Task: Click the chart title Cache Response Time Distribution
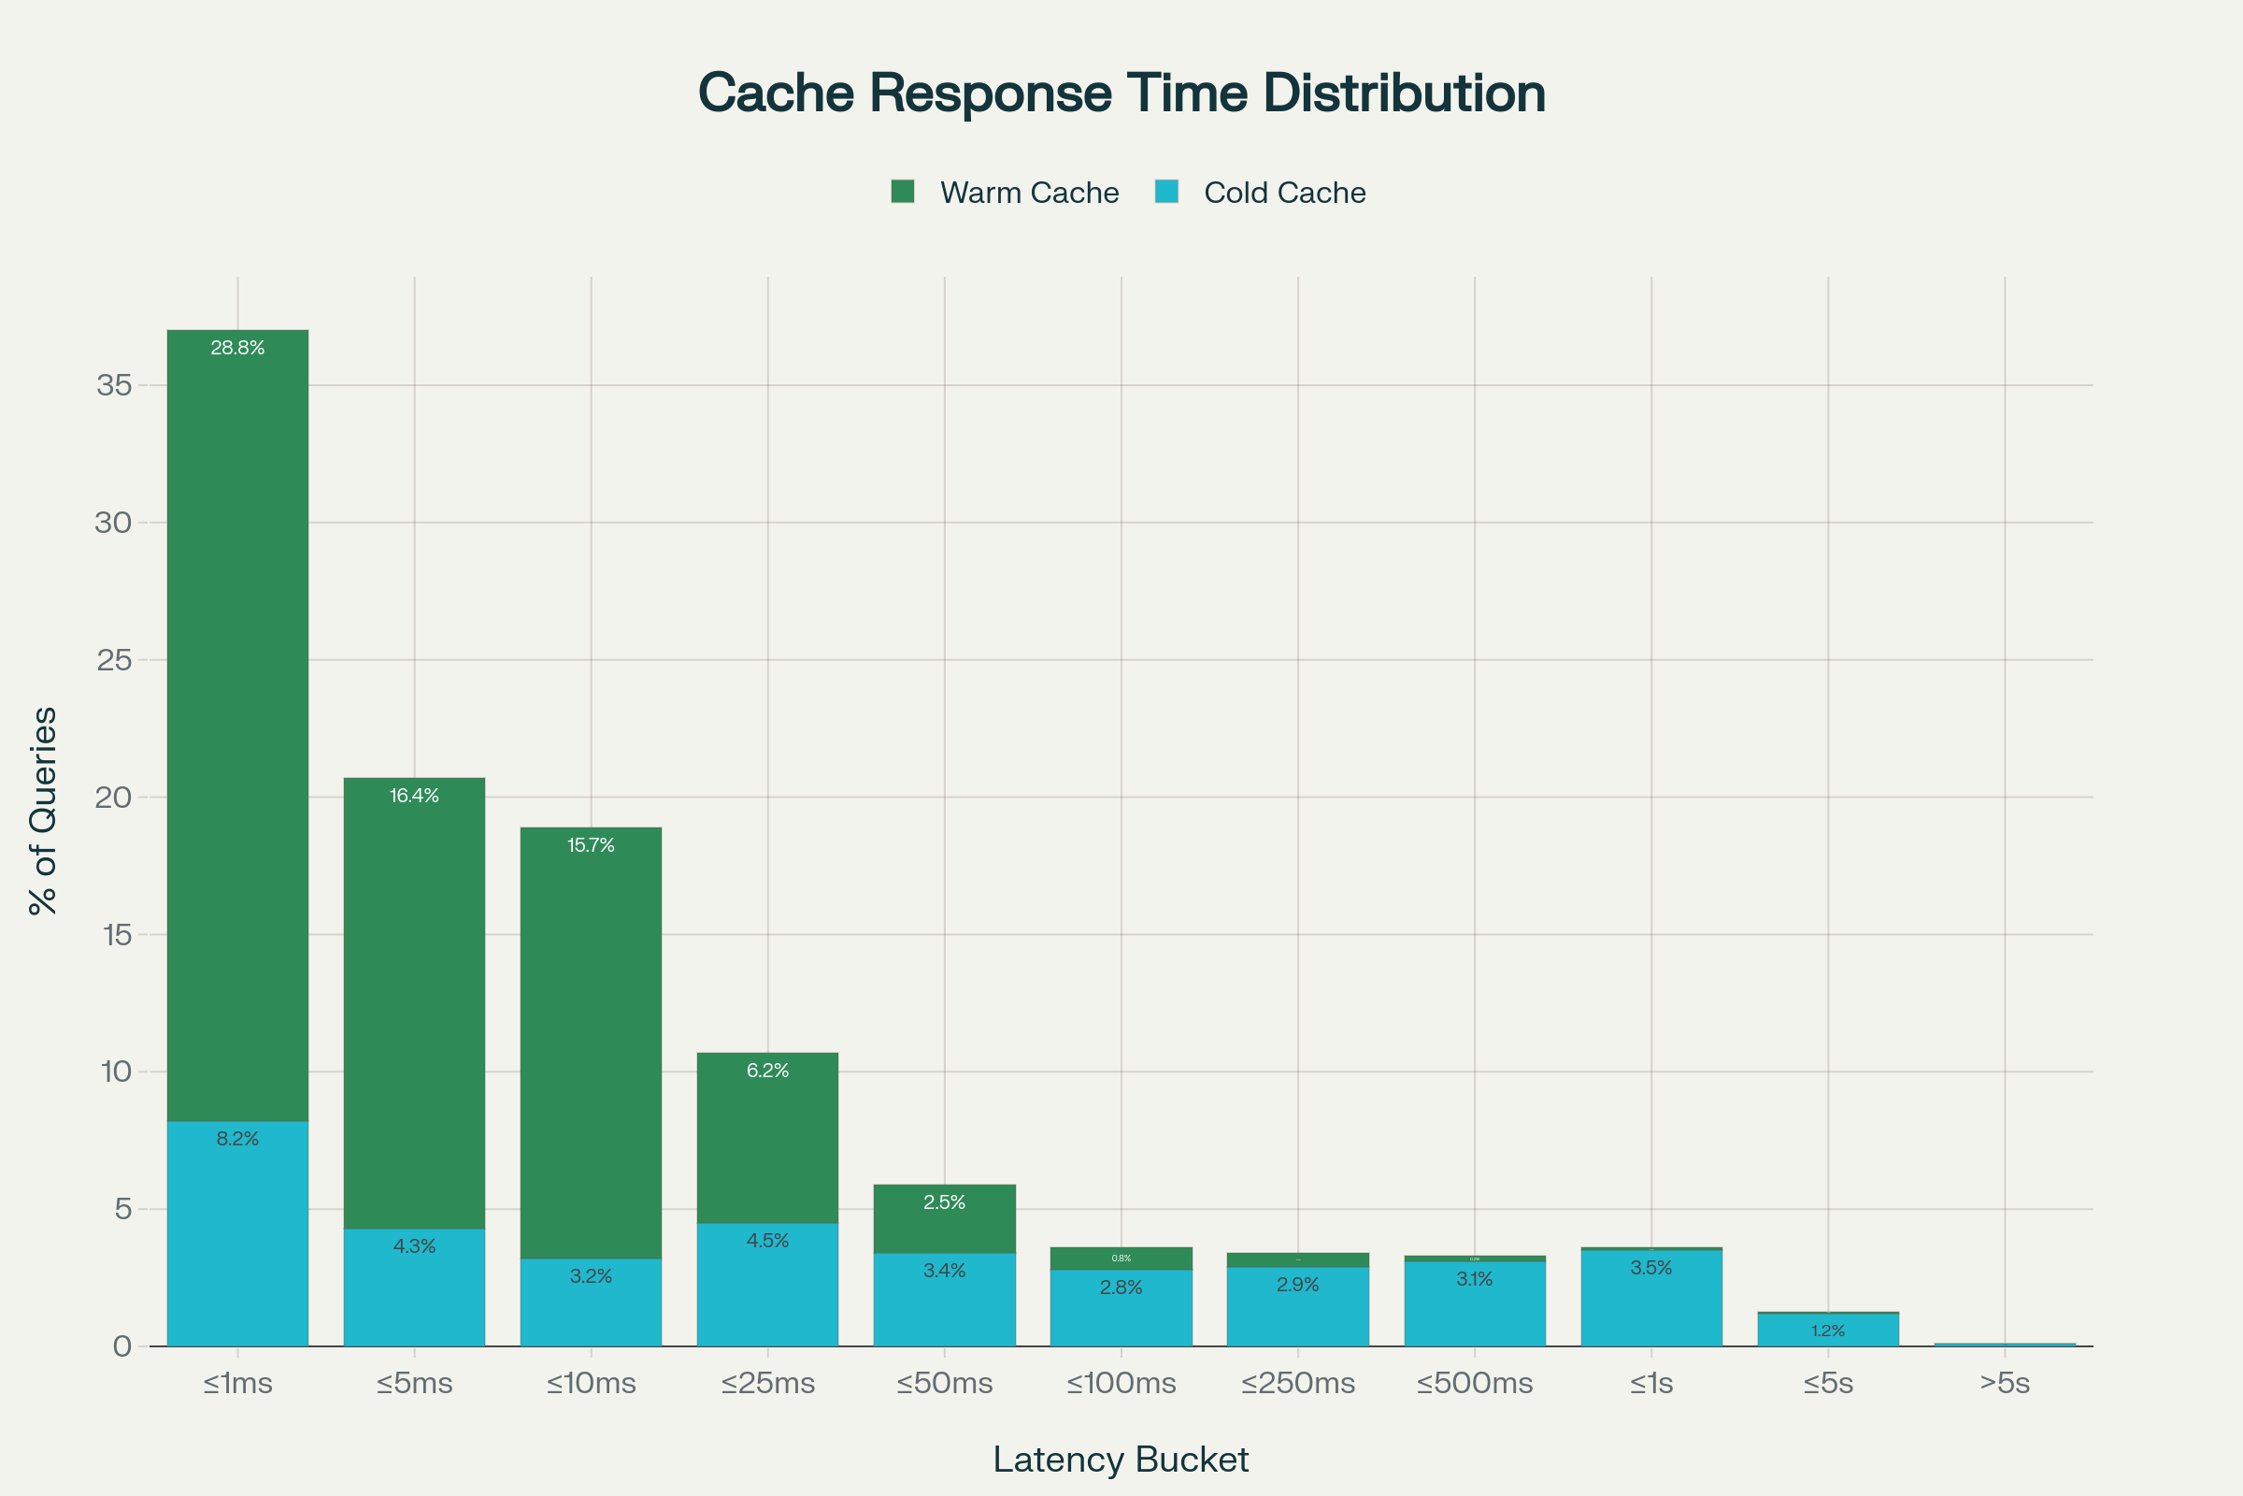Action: tap(1121, 93)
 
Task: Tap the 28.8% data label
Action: tap(237, 348)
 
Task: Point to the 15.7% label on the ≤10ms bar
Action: tap(592, 845)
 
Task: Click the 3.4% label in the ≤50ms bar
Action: tap(944, 1271)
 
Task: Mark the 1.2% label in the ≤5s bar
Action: tap(1827, 1331)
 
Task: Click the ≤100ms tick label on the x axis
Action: tap(1121, 1384)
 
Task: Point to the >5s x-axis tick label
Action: tap(2005, 1384)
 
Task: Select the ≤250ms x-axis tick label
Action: tap(1297, 1384)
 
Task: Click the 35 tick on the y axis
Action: tap(114, 385)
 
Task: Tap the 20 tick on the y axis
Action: tap(114, 798)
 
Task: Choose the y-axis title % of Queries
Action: tap(44, 811)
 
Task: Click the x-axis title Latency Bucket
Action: tap(1121, 1460)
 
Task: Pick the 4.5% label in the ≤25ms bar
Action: tap(767, 1242)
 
